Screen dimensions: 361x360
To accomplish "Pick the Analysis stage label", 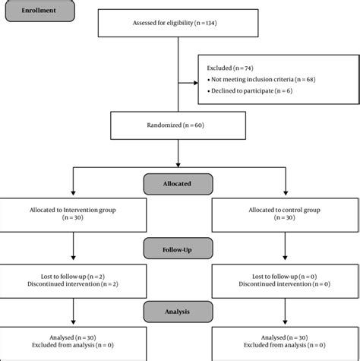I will click(x=176, y=311).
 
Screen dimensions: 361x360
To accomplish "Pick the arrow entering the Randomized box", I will click(x=177, y=107).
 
